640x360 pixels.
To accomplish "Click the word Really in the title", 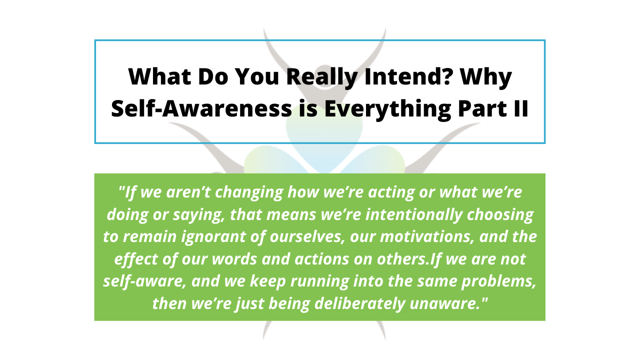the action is click(x=322, y=77).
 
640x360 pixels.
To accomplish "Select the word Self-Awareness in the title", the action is click(x=201, y=108).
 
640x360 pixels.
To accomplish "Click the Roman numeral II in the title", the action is click(x=521, y=108).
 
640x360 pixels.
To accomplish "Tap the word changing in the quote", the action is click(x=249, y=192).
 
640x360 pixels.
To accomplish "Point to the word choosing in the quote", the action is click(x=500, y=215).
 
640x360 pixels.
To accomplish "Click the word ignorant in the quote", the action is click(x=213, y=237).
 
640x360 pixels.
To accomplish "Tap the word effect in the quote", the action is click(x=136, y=259).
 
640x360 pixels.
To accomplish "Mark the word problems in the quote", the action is click(x=499, y=281).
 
